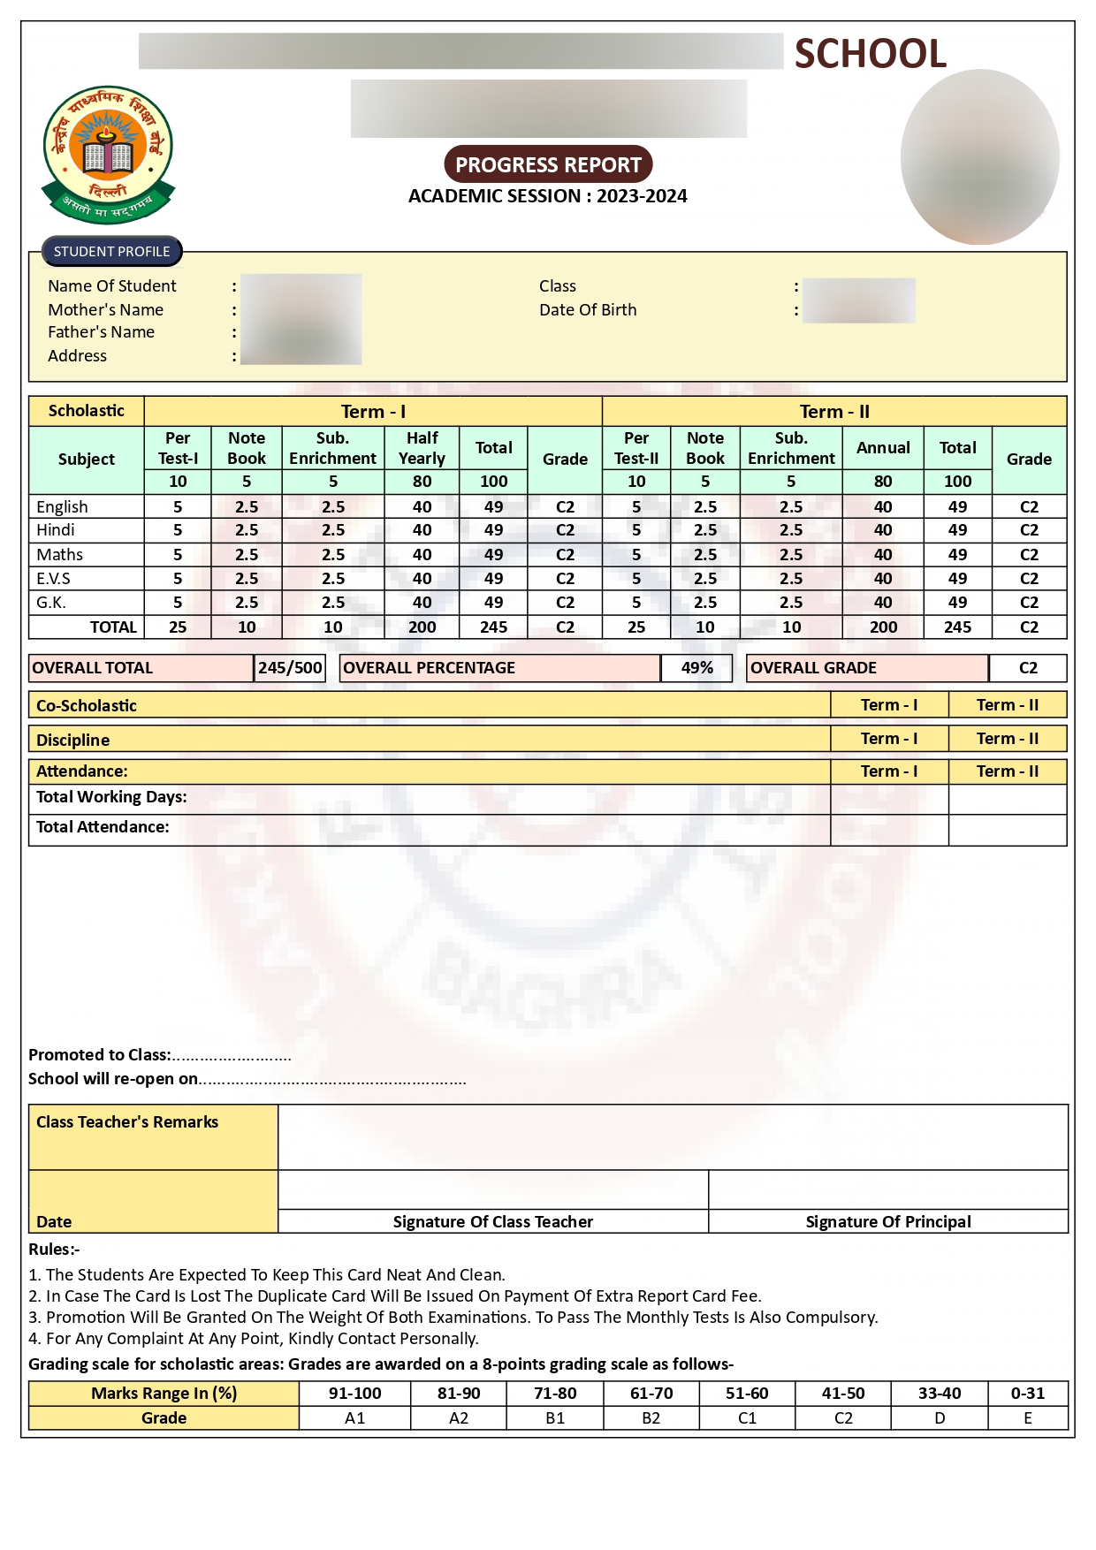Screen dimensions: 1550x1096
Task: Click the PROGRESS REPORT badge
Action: [x=548, y=165]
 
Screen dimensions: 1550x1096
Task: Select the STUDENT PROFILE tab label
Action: [x=111, y=252]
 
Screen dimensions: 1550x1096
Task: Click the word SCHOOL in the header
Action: [x=870, y=54]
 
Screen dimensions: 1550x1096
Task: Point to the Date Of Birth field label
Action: [x=588, y=310]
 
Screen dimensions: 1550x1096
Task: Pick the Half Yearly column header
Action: [x=422, y=448]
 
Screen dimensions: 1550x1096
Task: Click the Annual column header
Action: [x=882, y=448]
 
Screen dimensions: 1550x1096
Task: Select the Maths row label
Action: [x=59, y=555]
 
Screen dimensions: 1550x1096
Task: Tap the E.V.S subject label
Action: [x=53, y=579]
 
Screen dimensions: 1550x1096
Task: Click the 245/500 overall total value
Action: [x=290, y=668]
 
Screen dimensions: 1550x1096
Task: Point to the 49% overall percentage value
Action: [x=696, y=668]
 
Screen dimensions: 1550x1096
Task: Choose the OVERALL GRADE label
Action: [x=813, y=668]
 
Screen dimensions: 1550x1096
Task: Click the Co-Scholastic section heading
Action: [x=87, y=706]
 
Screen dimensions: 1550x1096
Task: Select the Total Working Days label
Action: [x=111, y=797]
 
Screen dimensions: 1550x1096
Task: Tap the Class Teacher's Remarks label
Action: [x=127, y=1122]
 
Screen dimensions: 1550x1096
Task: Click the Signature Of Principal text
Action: [x=887, y=1222]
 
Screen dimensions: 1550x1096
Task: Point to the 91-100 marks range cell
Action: [x=354, y=1394]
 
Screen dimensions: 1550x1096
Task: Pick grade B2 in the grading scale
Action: [x=651, y=1418]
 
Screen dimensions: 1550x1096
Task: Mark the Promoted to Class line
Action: [x=159, y=1055]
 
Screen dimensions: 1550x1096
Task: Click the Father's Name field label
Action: [x=101, y=332]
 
